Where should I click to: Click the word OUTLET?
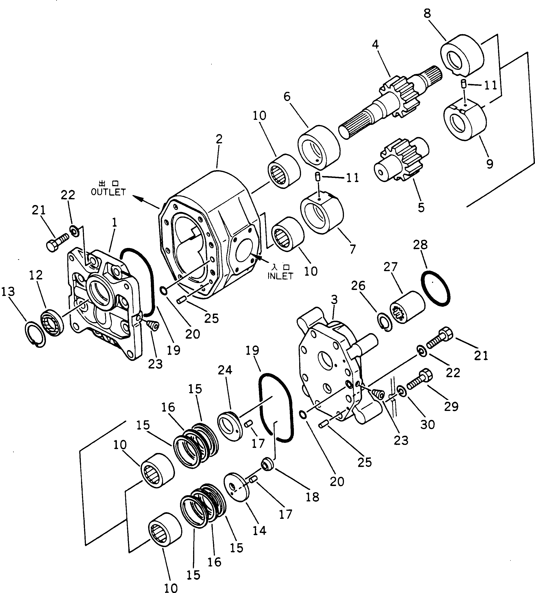(108, 192)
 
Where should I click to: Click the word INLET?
(280, 276)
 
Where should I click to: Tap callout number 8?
(427, 14)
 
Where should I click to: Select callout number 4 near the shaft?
(375, 44)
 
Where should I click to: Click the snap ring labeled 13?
(35, 334)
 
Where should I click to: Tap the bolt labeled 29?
(420, 382)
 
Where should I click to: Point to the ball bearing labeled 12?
(52, 322)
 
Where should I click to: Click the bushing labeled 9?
(465, 120)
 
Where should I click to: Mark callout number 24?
(225, 370)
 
